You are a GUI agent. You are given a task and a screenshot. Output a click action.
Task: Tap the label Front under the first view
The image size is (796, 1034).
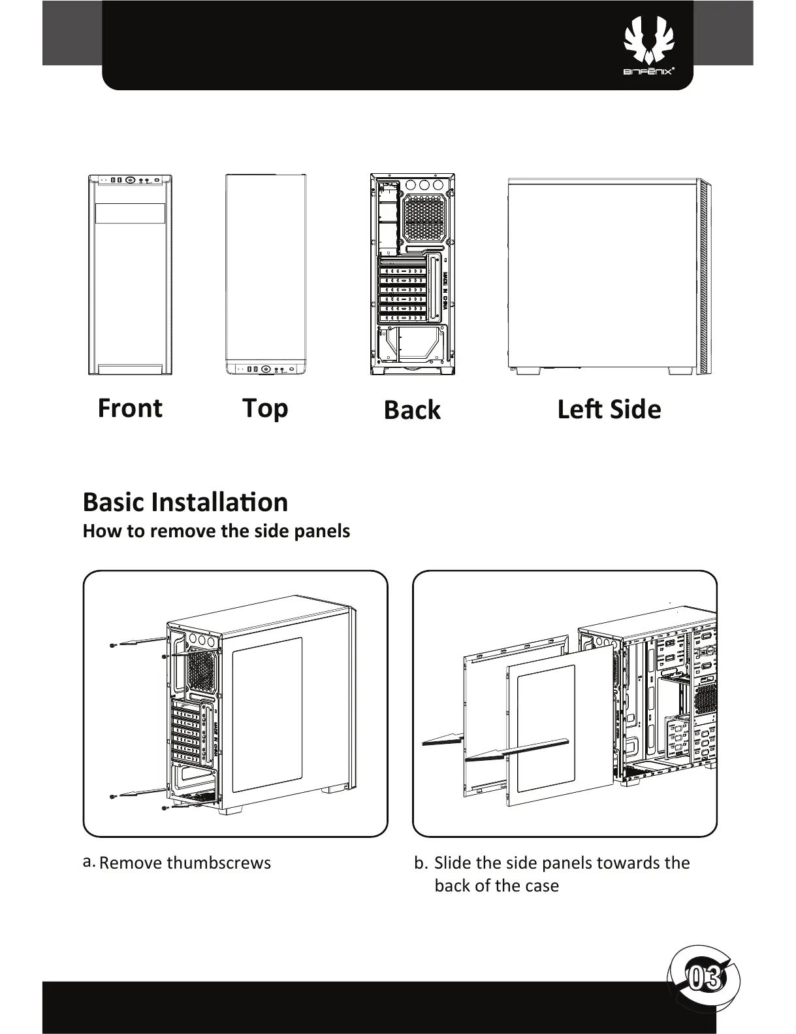[130, 408]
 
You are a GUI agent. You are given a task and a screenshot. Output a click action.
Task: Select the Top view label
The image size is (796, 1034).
[265, 408]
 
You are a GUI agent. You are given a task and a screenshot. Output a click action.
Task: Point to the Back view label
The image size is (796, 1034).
[412, 410]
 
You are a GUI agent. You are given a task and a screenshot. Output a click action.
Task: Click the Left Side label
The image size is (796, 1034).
[609, 410]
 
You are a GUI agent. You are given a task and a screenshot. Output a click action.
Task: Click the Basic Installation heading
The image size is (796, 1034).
[185, 502]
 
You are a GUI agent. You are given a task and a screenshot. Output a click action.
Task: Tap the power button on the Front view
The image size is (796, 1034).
[130, 180]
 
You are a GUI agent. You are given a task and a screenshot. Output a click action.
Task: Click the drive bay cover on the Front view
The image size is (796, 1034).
[130, 213]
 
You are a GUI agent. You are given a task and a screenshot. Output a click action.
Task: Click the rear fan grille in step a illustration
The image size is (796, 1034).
[202, 670]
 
